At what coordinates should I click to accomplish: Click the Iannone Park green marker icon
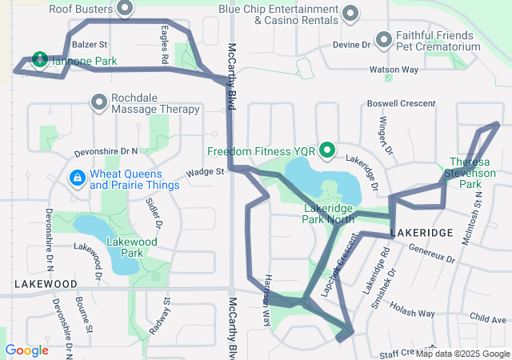39,58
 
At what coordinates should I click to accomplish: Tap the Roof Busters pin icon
125,9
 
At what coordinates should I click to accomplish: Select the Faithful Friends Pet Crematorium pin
385,39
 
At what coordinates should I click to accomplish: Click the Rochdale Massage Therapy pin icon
99,102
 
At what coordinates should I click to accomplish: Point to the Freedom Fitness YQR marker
327,150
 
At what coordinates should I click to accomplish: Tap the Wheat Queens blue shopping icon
78,178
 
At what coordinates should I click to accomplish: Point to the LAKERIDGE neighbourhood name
422,232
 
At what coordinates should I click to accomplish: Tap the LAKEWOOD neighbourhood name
46,284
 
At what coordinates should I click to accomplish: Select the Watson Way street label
393,70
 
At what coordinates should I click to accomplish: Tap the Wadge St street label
205,173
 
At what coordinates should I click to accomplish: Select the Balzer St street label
89,45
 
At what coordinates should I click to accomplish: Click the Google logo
26,350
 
